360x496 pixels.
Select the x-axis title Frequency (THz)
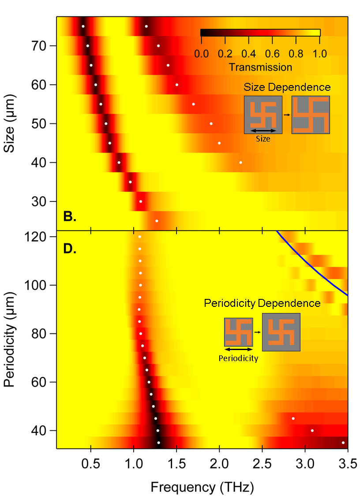tap(202, 487)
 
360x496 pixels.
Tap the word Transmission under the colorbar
tap(261, 67)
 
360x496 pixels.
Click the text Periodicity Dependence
tap(262, 303)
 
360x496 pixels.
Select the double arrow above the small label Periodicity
tap(238, 349)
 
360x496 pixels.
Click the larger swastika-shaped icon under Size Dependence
tap(311, 115)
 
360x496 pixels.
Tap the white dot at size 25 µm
tap(157, 221)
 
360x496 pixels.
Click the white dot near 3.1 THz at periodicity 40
tap(312, 430)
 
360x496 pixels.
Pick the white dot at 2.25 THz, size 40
tap(240, 163)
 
